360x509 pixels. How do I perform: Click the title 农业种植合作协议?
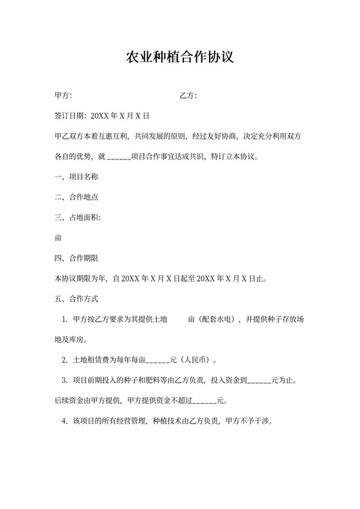tap(179, 57)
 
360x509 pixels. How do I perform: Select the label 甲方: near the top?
tap(63, 96)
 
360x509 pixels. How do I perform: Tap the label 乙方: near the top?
tap(188, 96)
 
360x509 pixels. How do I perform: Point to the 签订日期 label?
tap(70, 116)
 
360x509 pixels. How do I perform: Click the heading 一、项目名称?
tap(76, 177)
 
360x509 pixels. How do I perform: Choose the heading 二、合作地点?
tap(76, 197)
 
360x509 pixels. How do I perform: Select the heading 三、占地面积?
tap(78, 217)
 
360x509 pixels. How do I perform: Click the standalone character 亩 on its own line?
tap(59, 238)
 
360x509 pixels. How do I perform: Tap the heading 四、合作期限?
tap(76, 258)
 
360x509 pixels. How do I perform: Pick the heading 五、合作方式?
tap(76, 299)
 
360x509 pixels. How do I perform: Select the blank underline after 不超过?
tap(205, 402)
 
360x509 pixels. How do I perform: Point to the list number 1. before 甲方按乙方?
tap(65, 319)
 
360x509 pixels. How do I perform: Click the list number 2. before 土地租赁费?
tap(65, 360)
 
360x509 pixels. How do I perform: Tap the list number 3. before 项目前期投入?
tap(65, 380)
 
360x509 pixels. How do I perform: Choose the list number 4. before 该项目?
tap(65, 422)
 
